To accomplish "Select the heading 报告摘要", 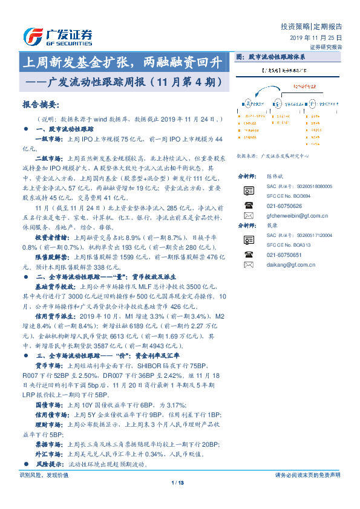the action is (39, 104).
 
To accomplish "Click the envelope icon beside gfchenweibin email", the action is (248, 216).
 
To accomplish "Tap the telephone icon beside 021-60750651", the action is (248, 255).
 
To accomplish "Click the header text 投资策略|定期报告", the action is (312, 27).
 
